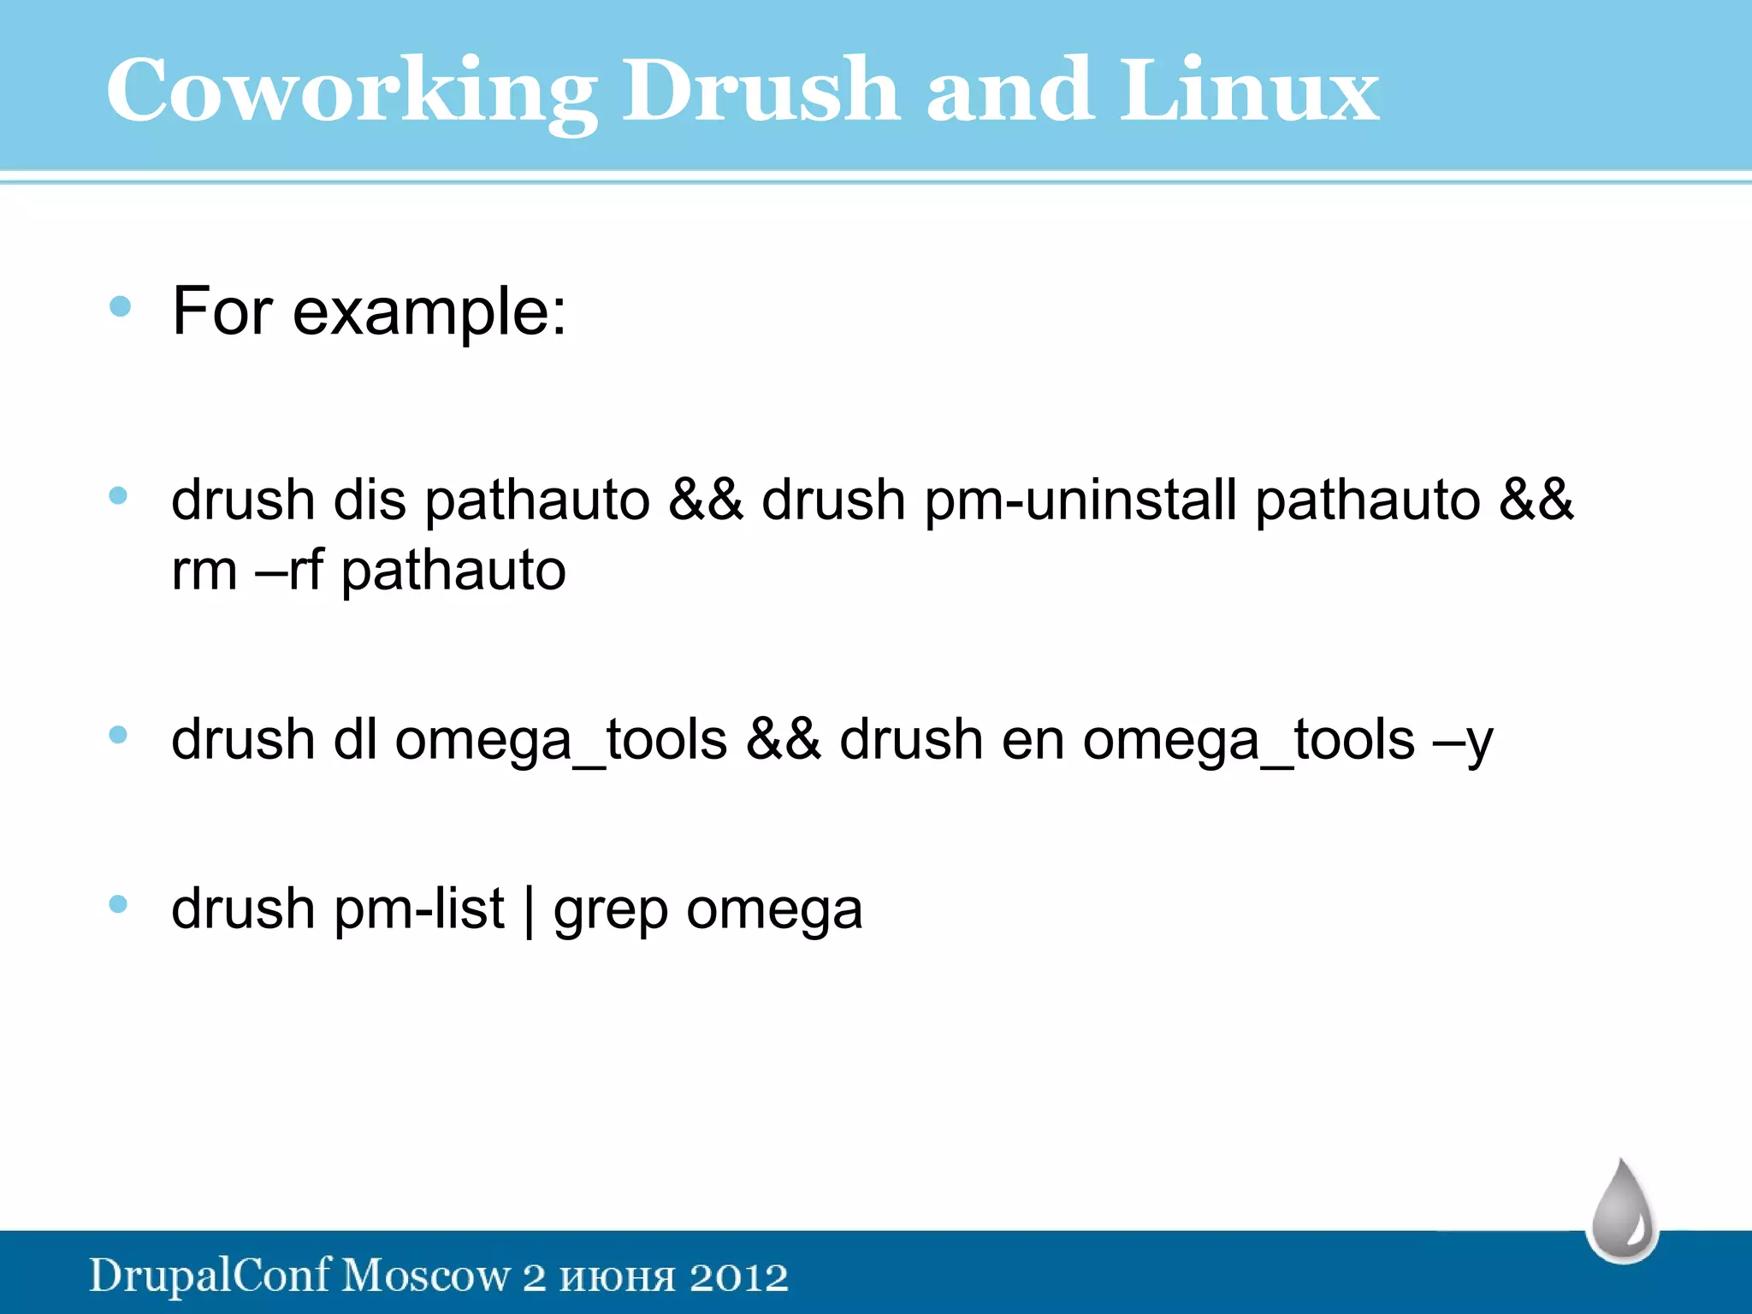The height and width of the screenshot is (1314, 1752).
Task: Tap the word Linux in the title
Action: pyautogui.click(x=1250, y=90)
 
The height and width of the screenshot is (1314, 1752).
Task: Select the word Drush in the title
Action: pyautogui.click(x=760, y=90)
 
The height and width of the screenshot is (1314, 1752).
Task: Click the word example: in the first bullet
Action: pyautogui.click(x=429, y=312)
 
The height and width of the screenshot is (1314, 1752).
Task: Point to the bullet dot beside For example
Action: pyautogui.click(x=120, y=306)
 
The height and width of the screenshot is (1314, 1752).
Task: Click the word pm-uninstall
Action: pyautogui.click(x=1080, y=500)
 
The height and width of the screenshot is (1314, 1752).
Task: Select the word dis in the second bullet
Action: pyautogui.click(x=369, y=500)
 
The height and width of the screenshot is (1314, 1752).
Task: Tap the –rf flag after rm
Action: pyautogui.click(x=289, y=571)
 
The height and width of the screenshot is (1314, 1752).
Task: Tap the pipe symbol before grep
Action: pyautogui.click(x=529, y=910)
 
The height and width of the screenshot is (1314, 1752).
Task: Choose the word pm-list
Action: pyautogui.click(x=419, y=909)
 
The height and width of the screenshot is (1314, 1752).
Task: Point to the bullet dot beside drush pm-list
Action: pyautogui.click(x=119, y=904)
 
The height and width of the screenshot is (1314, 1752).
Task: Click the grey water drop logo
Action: pyautogui.click(x=1622, y=1212)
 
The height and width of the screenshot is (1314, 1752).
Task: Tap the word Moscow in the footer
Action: pyautogui.click(x=425, y=1276)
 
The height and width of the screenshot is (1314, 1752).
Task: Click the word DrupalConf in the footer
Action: pyautogui.click(x=210, y=1276)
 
